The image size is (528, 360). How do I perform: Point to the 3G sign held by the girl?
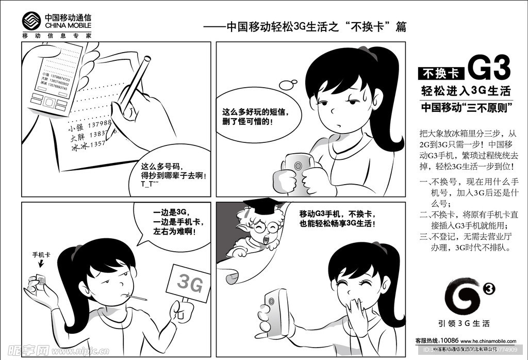[189, 282]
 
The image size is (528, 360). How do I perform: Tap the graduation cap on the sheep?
[262, 204]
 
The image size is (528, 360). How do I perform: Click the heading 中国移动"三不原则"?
[466, 108]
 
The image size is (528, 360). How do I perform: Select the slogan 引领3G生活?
[464, 324]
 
